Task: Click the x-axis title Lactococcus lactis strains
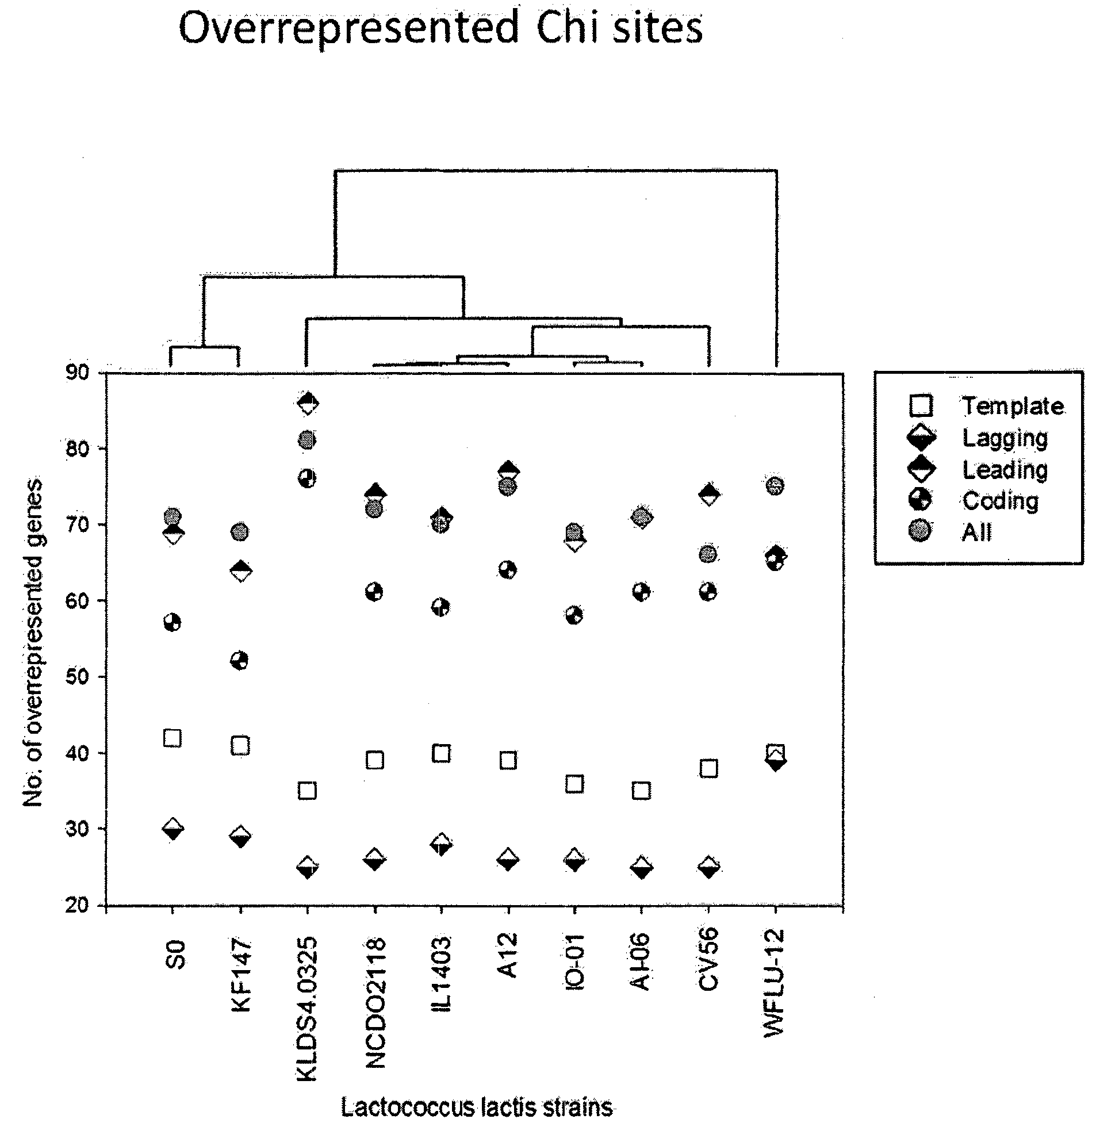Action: pos(476,1107)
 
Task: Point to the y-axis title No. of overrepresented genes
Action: pos(33,643)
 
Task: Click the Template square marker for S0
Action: pos(173,738)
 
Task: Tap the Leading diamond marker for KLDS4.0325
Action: pos(308,403)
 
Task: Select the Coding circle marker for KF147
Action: pos(239,660)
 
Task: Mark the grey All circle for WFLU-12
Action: pos(775,485)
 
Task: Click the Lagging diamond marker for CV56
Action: pos(708,867)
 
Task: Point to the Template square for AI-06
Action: pos(641,791)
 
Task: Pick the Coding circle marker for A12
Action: pos(507,570)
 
